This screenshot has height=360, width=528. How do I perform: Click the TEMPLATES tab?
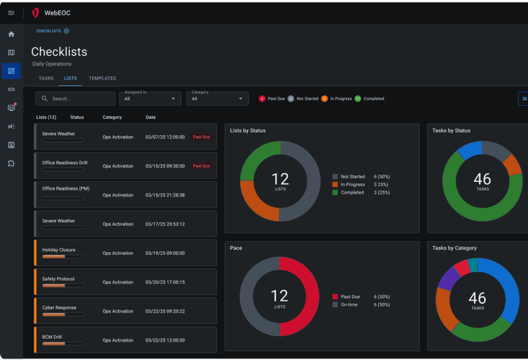(102, 78)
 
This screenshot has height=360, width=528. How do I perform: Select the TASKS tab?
(46, 78)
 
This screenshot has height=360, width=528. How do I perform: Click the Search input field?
(76, 99)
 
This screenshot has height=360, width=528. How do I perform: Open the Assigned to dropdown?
(150, 99)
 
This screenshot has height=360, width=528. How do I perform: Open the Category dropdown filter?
(217, 99)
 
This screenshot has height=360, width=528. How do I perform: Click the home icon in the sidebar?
(11, 34)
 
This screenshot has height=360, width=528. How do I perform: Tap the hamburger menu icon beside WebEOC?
(11, 12)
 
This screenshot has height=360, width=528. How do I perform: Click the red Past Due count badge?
(262, 99)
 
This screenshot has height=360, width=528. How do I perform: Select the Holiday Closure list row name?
(58, 250)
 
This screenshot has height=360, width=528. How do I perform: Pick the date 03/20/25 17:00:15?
(165, 282)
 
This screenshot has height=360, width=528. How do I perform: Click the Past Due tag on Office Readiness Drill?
(201, 166)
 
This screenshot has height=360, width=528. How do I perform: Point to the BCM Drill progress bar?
(63, 344)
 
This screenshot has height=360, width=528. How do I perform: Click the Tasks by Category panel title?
(454, 248)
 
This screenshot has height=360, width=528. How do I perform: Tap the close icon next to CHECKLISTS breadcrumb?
(67, 31)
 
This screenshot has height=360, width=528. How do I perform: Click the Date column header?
(151, 117)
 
